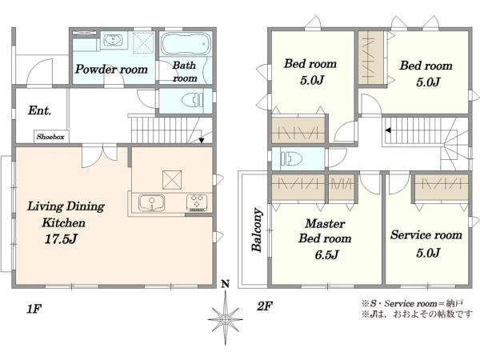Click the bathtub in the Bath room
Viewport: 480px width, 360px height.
click(186, 44)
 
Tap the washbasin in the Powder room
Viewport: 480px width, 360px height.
click(114, 40)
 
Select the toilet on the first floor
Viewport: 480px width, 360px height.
click(193, 100)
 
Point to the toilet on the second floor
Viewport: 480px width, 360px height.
click(291, 158)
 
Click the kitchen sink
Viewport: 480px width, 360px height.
click(151, 202)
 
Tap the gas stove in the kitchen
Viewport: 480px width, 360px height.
click(197, 202)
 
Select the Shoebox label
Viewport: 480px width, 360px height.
click(50, 137)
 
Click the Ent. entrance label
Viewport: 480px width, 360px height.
click(39, 110)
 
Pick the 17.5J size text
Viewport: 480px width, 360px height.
click(60, 238)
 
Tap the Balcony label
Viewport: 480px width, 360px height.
click(257, 230)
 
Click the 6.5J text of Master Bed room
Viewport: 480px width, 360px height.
click(326, 254)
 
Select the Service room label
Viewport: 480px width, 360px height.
click(426, 234)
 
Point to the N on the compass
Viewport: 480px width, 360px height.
click(226, 284)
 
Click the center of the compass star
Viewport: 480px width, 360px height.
click(226, 319)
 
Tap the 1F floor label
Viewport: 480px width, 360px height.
click(34, 309)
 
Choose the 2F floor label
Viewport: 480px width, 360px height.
click(265, 306)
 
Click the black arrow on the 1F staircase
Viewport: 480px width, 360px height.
click(201, 141)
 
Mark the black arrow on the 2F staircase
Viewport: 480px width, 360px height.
click(388, 130)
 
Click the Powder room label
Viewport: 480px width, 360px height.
click(111, 69)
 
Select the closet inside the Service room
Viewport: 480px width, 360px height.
click(442, 187)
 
